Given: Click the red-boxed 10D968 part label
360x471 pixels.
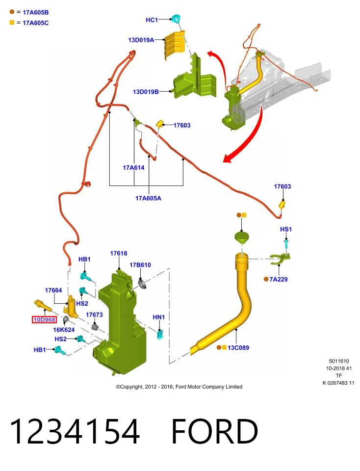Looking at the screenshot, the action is pyautogui.click(x=45, y=319).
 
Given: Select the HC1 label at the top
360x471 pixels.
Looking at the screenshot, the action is pyautogui.click(x=152, y=20).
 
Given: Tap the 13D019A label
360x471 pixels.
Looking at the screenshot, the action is pyautogui.click(x=141, y=40).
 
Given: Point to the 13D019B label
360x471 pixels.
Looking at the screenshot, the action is pyautogui.click(x=146, y=92).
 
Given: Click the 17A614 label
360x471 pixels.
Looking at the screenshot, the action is pyautogui.click(x=133, y=168).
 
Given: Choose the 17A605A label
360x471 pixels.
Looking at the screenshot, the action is pyautogui.click(x=148, y=198).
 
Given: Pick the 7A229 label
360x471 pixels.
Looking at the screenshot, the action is pyautogui.click(x=279, y=279).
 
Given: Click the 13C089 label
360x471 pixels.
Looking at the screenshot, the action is pyautogui.click(x=238, y=348).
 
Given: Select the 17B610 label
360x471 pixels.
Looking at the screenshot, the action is pyautogui.click(x=140, y=265).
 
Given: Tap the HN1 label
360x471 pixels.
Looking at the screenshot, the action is pyautogui.click(x=159, y=317).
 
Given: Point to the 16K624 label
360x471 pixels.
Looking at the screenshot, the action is pyautogui.click(x=64, y=330).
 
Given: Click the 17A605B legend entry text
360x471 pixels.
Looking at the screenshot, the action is pyautogui.click(x=36, y=13).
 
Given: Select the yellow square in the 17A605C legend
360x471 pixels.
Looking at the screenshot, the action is pyautogui.click(x=12, y=23).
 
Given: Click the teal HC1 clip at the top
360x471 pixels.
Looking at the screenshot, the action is pyautogui.click(x=176, y=18).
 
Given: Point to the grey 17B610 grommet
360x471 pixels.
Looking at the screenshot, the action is pyautogui.click(x=142, y=284).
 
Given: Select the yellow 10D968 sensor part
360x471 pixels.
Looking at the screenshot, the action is pyautogui.click(x=43, y=306).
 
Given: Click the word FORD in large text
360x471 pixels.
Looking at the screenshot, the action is pyautogui.click(x=215, y=431).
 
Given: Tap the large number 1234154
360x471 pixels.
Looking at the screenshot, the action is pyautogui.click(x=75, y=431).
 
